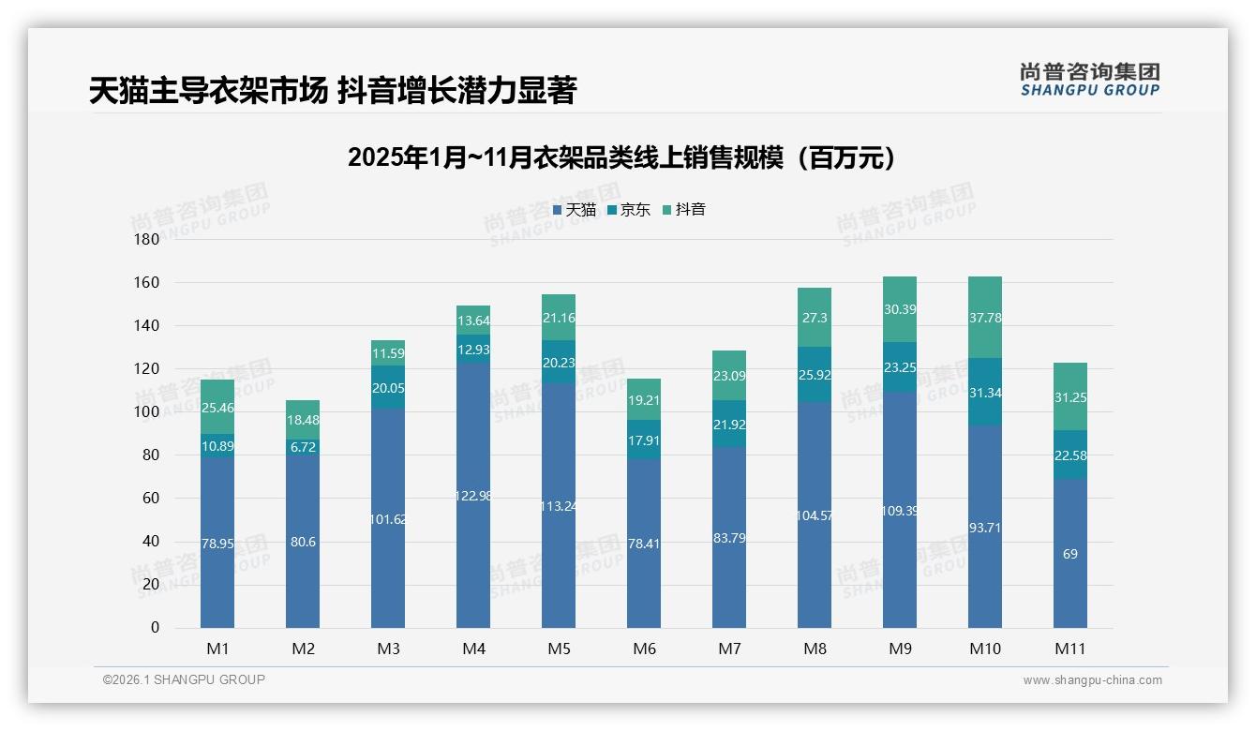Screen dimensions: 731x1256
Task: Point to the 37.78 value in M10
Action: [984, 318]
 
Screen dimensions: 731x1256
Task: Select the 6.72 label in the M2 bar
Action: [303, 447]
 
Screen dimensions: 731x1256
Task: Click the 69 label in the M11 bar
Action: [1069, 554]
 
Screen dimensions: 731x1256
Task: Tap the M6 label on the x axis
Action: [644, 649]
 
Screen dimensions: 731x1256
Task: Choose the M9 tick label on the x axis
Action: [900, 649]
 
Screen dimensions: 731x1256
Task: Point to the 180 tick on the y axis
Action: [148, 240]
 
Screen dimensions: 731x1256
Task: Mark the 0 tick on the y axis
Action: [155, 628]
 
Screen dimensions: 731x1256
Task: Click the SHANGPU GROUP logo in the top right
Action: [1089, 79]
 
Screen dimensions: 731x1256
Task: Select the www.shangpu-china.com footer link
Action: [1092, 680]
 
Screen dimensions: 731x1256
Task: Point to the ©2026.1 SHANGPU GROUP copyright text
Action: [184, 679]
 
